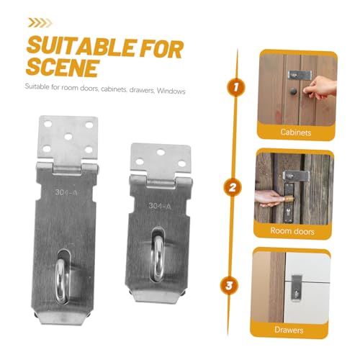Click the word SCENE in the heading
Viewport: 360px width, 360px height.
(63, 68)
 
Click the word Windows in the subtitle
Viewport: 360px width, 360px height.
(171, 91)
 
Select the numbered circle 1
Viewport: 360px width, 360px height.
(236, 87)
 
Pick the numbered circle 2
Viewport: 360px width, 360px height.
(233, 187)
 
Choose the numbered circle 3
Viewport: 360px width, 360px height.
(229, 286)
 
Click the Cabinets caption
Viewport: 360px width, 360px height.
(296, 132)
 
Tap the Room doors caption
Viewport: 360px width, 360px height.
(292, 231)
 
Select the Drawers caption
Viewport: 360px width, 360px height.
(289, 330)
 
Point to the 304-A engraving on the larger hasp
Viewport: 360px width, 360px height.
(66, 192)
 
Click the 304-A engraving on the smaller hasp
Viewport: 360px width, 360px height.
(160, 206)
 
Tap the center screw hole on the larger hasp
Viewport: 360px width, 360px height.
(68, 137)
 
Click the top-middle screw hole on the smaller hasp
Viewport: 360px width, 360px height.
(161, 152)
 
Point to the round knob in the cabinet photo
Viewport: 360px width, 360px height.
(293, 91)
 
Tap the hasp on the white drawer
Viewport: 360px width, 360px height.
(296, 287)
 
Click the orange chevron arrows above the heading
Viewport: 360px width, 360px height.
(40, 23)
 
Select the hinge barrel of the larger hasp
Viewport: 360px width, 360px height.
(68, 168)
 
